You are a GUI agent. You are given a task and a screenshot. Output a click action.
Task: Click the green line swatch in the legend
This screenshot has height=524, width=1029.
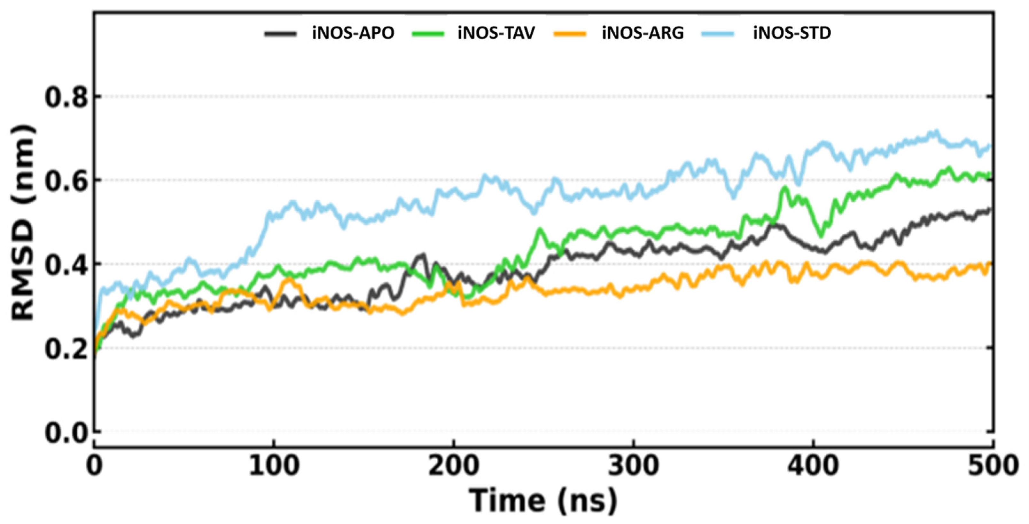coord(428,34)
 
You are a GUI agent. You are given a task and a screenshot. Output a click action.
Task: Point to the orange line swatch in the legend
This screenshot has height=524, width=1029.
coord(570,34)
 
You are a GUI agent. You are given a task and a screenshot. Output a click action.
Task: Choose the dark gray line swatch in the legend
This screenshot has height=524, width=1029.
coord(281,34)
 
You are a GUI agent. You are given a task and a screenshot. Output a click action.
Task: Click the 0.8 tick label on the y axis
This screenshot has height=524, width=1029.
coord(66,97)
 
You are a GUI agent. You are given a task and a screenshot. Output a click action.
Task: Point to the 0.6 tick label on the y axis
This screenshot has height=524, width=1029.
coord(66,181)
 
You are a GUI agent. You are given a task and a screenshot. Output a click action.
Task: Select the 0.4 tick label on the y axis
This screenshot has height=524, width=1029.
coord(66,265)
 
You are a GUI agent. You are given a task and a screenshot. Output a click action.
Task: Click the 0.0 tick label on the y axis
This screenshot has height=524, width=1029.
coord(66,433)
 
